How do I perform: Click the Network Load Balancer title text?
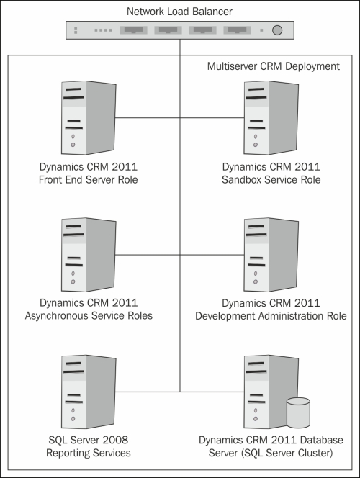(x=179, y=12)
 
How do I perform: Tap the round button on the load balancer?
(x=276, y=30)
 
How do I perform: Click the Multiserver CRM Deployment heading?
(x=274, y=66)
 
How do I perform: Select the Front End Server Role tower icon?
(x=89, y=117)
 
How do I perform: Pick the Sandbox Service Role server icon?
(x=271, y=117)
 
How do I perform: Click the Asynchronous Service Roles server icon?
(x=89, y=255)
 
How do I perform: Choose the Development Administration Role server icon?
(x=271, y=255)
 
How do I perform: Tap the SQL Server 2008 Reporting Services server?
(x=89, y=392)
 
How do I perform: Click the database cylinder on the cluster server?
(x=298, y=412)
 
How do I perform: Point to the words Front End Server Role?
(x=88, y=179)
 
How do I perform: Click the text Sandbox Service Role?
(x=271, y=179)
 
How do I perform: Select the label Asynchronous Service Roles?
(x=89, y=315)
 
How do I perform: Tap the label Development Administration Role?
(x=271, y=316)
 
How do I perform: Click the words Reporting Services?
(x=89, y=453)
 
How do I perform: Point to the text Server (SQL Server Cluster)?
(x=271, y=453)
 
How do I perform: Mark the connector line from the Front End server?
(x=148, y=117)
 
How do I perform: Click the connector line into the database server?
(x=212, y=392)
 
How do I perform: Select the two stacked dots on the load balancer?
(x=76, y=30)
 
